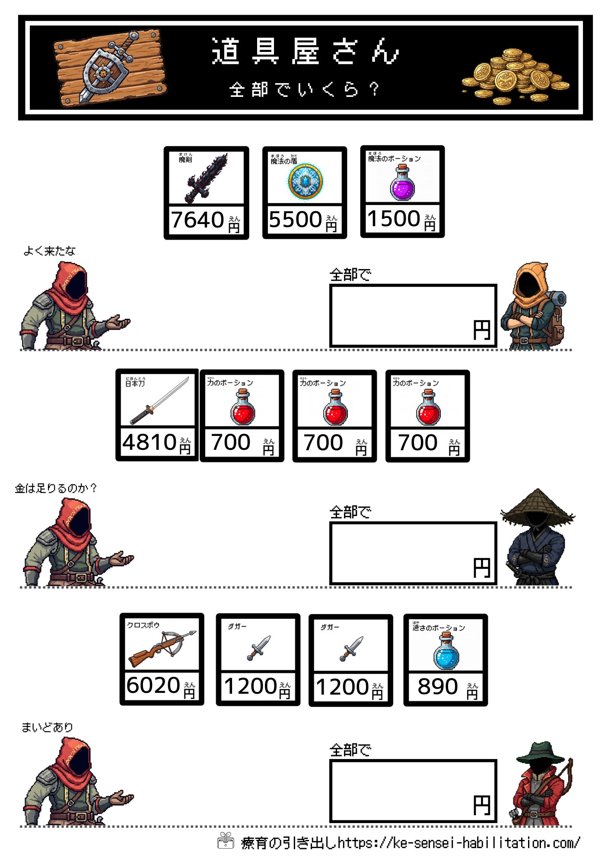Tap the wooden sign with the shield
click(110, 68)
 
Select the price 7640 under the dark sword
click(197, 220)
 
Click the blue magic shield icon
click(305, 182)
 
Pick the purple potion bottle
click(402, 183)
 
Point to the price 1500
click(394, 218)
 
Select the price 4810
click(150, 442)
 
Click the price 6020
click(153, 686)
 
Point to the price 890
click(438, 686)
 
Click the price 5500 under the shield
click(296, 220)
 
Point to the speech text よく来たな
click(49, 251)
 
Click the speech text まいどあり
click(47, 727)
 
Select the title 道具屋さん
click(305, 51)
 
